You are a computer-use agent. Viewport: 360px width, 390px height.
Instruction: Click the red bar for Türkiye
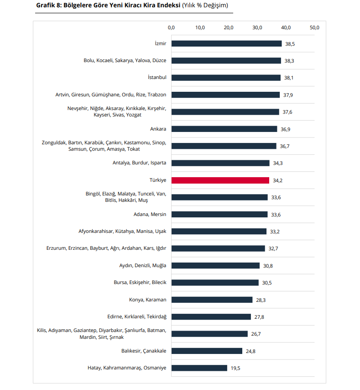220,180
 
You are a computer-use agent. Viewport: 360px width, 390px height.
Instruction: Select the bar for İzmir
226,43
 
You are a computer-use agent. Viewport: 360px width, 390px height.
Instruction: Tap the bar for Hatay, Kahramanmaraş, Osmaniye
199,368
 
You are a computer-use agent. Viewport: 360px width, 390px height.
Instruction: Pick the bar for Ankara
224,129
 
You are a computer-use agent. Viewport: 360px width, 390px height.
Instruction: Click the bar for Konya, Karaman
212,300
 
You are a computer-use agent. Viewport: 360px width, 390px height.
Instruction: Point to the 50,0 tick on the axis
314,27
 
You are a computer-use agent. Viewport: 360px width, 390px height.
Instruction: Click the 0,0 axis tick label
171,27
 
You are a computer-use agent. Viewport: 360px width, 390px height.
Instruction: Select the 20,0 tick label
229,27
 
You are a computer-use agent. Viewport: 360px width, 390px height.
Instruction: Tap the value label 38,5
291,44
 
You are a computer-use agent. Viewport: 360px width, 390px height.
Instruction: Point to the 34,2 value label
278,180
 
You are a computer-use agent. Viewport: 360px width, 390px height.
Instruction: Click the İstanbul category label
157,78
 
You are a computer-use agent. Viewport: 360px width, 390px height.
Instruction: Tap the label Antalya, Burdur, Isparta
140,163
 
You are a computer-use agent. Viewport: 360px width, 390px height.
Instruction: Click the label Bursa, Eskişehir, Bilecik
140,282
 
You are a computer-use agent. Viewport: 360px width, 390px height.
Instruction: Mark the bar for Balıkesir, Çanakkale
207,351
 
